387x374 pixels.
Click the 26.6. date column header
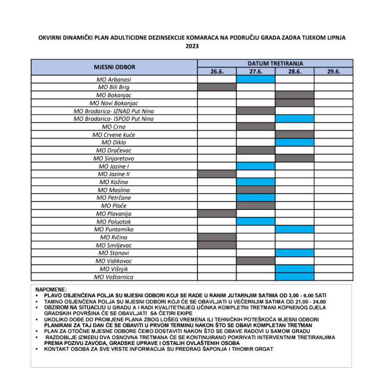(x=216, y=71)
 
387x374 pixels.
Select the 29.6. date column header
(x=333, y=71)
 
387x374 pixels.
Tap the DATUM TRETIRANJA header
(x=275, y=63)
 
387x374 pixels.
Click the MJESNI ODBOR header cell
(x=114, y=67)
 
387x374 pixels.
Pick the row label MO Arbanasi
(x=114, y=80)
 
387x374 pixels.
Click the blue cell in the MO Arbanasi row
(x=255, y=80)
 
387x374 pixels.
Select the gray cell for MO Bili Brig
(x=216, y=87)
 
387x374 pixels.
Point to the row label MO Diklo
(x=114, y=142)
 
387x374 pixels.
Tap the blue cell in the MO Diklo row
(x=295, y=142)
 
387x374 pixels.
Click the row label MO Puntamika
(x=114, y=230)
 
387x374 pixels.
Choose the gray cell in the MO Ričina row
(x=216, y=237)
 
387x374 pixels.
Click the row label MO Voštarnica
(x=114, y=277)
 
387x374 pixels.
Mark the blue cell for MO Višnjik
(x=295, y=269)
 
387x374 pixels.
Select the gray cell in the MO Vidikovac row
(x=255, y=261)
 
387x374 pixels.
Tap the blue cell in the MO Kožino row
(x=255, y=182)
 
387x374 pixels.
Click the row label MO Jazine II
(x=114, y=174)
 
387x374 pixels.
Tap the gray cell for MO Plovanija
(x=216, y=214)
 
